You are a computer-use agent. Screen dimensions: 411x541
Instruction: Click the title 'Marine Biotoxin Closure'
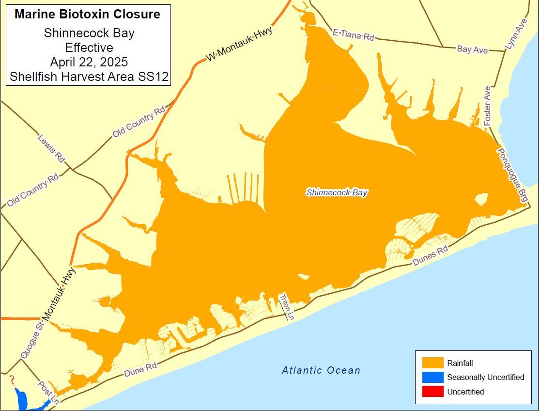(87, 14)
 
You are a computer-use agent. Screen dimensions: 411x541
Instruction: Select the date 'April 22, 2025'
(89, 62)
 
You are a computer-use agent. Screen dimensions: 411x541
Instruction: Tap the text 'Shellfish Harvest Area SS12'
(89, 77)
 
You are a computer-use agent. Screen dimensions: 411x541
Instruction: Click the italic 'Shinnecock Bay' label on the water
(337, 192)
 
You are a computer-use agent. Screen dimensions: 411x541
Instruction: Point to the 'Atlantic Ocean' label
(321, 370)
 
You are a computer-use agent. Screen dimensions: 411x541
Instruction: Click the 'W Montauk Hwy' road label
(239, 44)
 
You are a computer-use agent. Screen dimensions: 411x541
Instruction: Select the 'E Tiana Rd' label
(354, 35)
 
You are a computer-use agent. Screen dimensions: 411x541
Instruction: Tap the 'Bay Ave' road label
(472, 49)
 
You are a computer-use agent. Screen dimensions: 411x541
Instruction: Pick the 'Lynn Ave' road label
(516, 34)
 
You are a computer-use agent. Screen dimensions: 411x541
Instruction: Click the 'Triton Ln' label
(287, 307)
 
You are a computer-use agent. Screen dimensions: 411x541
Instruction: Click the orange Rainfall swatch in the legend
(433, 363)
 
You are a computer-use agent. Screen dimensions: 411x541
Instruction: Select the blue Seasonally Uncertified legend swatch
(433, 377)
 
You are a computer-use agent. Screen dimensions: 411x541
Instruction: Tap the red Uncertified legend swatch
(433, 391)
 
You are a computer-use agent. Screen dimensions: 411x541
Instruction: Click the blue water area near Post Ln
(22, 398)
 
